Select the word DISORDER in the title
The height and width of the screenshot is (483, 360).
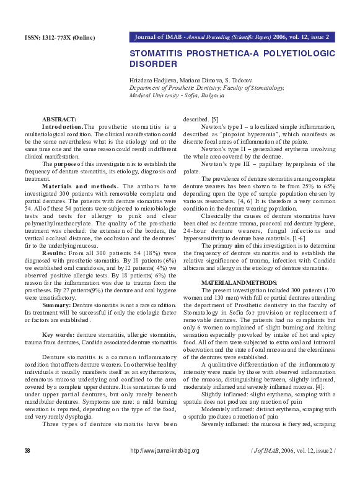tap(154, 64)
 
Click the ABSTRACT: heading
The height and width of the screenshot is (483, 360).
tap(59, 119)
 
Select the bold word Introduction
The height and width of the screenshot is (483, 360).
tap(62, 126)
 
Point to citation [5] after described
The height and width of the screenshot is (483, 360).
tap(214, 119)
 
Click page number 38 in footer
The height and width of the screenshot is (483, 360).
tap(27, 468)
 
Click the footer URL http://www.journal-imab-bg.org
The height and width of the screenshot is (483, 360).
tap(165, 468)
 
